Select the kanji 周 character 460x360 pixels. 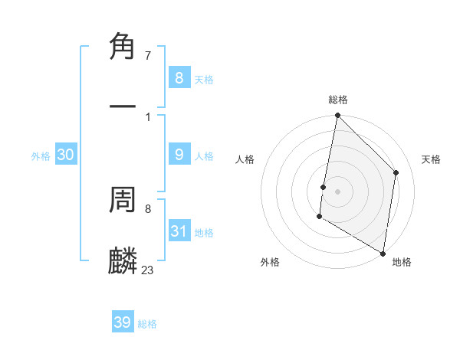tap(123, 201)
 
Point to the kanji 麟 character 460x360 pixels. tap(123, 260)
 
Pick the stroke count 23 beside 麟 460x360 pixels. tap(147, 269)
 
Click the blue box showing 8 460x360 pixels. tap(179, 77)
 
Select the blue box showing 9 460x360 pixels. tap(179, 155)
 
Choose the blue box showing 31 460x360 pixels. tap(179, 231)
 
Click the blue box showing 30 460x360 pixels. tap(66, 155)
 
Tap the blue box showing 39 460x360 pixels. tap(123, 322)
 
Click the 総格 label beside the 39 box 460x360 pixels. tap(148, 324)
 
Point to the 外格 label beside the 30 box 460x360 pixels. tap(41, 156)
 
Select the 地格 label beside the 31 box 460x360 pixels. tap(204, 233)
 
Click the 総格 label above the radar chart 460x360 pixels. tap(338, 100)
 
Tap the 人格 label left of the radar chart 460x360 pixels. tap(245, 159)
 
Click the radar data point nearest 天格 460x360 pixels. tap(396, 172)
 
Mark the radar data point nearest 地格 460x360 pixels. tap(383, 253)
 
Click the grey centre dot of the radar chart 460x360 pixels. tap(337, 191)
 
